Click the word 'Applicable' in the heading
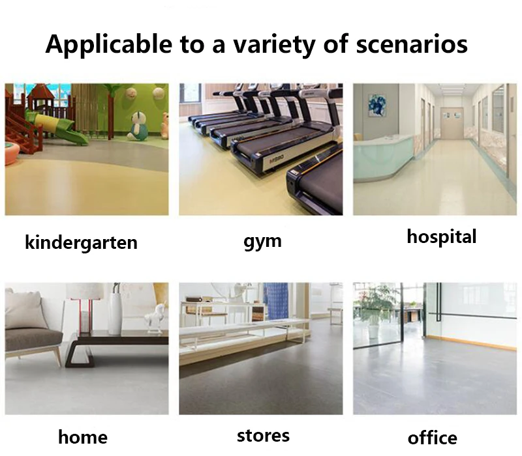[109, 44]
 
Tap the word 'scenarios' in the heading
[412, 44]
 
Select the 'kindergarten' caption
[81, 242]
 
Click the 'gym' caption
[262, 242]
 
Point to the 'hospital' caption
[442, 237]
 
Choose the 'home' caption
[83, 436]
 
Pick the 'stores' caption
[263, 436]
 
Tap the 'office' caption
[432, 438]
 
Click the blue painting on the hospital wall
[377, 105]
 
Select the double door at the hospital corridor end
[452, 122]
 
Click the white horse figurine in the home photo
[155, 318]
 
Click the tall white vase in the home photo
[115, 309]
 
